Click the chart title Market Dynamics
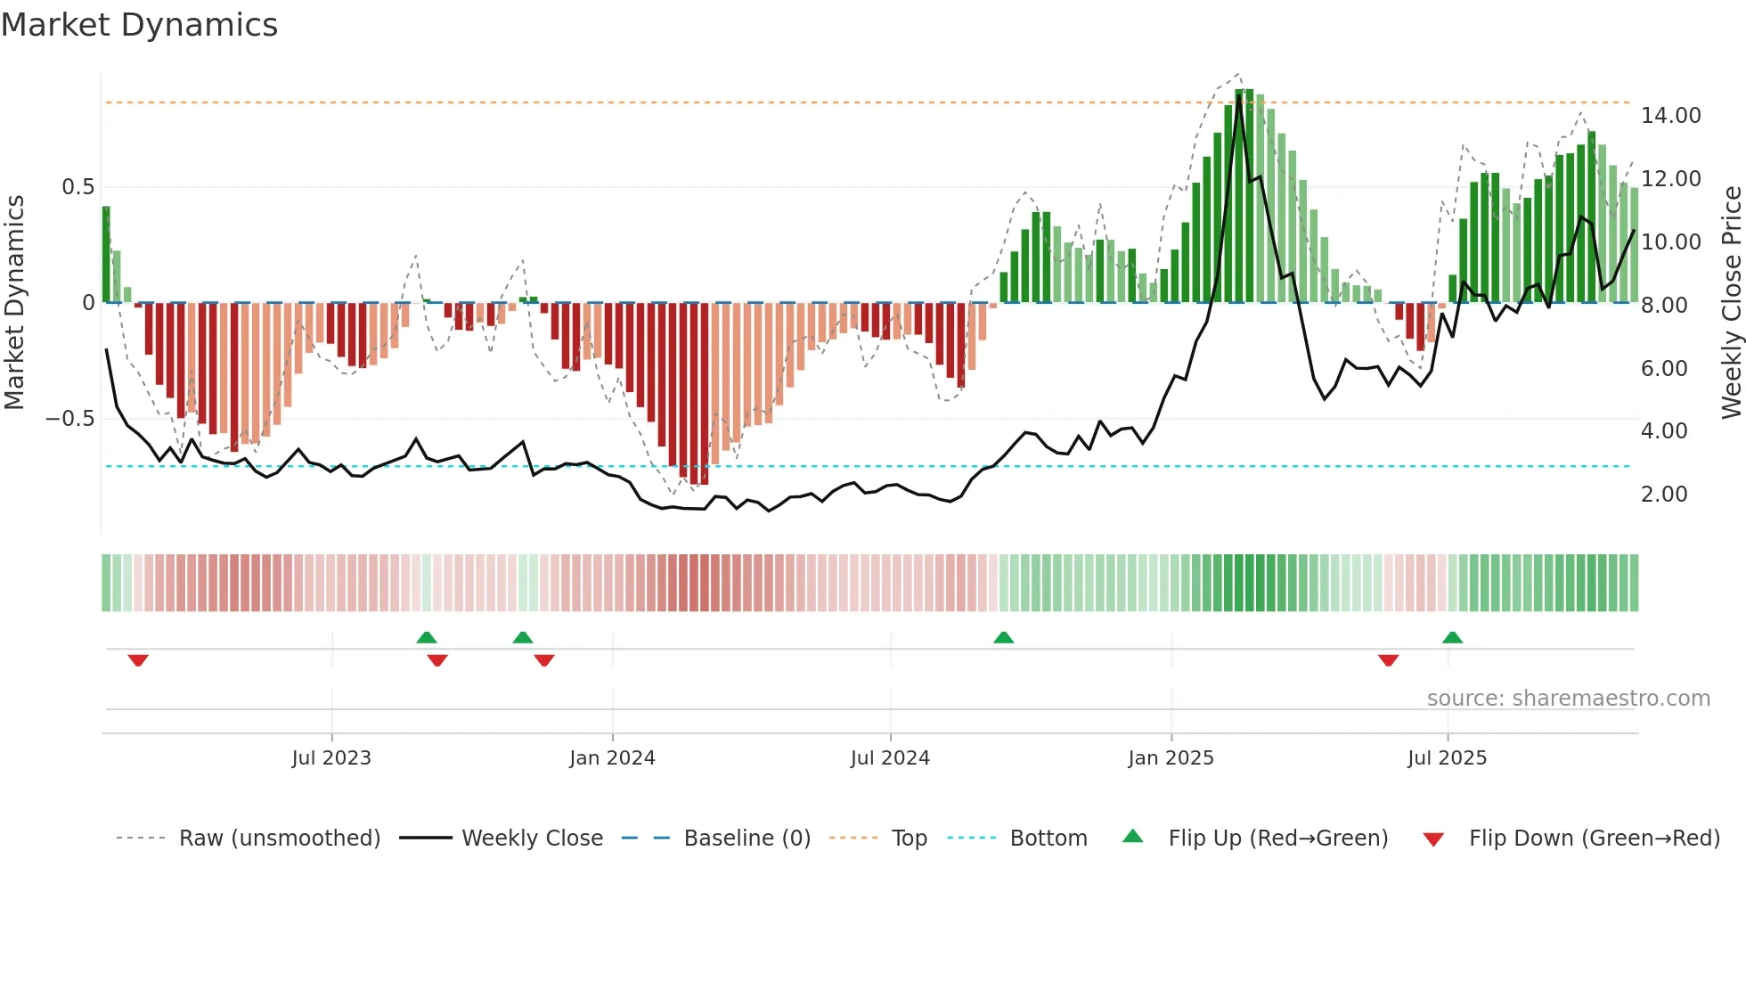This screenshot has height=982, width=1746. click(x=139, y=25)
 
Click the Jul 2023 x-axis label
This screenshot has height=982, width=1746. click(x=331, y=758)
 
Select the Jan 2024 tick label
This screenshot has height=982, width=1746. click(x=612, y=758)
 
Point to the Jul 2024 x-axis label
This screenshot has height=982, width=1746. click(x=890, y=758)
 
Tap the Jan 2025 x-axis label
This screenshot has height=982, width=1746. click(x=1171, y=758)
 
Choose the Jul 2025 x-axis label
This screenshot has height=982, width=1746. click(x=1448, y=758)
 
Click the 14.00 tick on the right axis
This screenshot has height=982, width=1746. click(x=1671, y=116)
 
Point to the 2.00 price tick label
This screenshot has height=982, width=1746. click(x=1664, y=495)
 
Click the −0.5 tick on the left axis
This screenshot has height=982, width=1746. click(x=70, y=419)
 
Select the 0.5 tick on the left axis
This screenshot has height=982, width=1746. click(x=78, y=187)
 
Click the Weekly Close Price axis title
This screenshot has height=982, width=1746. click(x=1731, y=302)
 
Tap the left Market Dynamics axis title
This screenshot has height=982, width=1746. click(x=14, y=302)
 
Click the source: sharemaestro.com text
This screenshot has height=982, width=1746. click(x=1568, y=699)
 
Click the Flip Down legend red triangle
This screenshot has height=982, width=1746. click(x=1433, y=839)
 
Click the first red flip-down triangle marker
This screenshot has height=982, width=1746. click(x=138, y=660)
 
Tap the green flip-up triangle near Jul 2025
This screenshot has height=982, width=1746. click(x=1452, y=637)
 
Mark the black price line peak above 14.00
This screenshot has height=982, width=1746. click(x=1238, y=96)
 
